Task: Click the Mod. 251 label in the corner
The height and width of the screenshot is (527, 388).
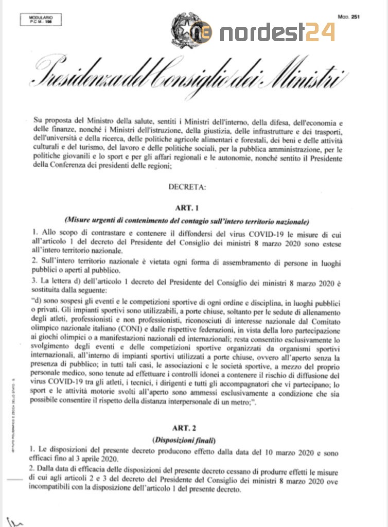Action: [x=348, y=16]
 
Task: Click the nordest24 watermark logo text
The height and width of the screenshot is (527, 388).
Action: [x=278, y=32]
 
